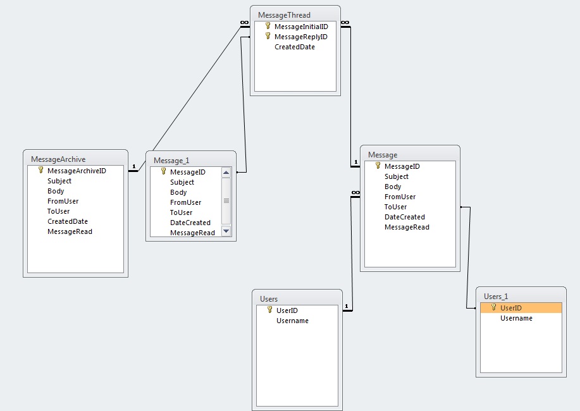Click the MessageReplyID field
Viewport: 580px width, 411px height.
coord(300,37)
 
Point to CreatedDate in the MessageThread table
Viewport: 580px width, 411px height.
coord(294,47)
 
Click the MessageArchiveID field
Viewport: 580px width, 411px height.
coord(77,171)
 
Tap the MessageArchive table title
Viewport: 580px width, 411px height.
coord(58,159)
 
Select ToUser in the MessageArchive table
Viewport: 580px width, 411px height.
coord(58,211)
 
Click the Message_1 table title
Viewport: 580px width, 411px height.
coord(172,161)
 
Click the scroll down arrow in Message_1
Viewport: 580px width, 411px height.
coord(226,231)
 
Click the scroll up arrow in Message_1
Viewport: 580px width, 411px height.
coord(226,173)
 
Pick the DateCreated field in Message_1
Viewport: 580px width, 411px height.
coord(190,223)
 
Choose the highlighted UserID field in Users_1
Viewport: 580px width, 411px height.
coord(510,308)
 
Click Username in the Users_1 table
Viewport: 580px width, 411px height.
coord(516,318)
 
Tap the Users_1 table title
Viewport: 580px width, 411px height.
coord(496,296)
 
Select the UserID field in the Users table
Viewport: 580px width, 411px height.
coord(287,310)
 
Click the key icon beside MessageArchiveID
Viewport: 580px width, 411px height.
coord(41,170)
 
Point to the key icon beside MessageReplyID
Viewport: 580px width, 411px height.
coord(268,36)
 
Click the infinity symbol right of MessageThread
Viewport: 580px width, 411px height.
coord(345,23)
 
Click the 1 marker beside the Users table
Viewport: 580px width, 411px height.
coord(346,307)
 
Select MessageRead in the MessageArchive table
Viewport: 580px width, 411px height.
coord(70,231)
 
